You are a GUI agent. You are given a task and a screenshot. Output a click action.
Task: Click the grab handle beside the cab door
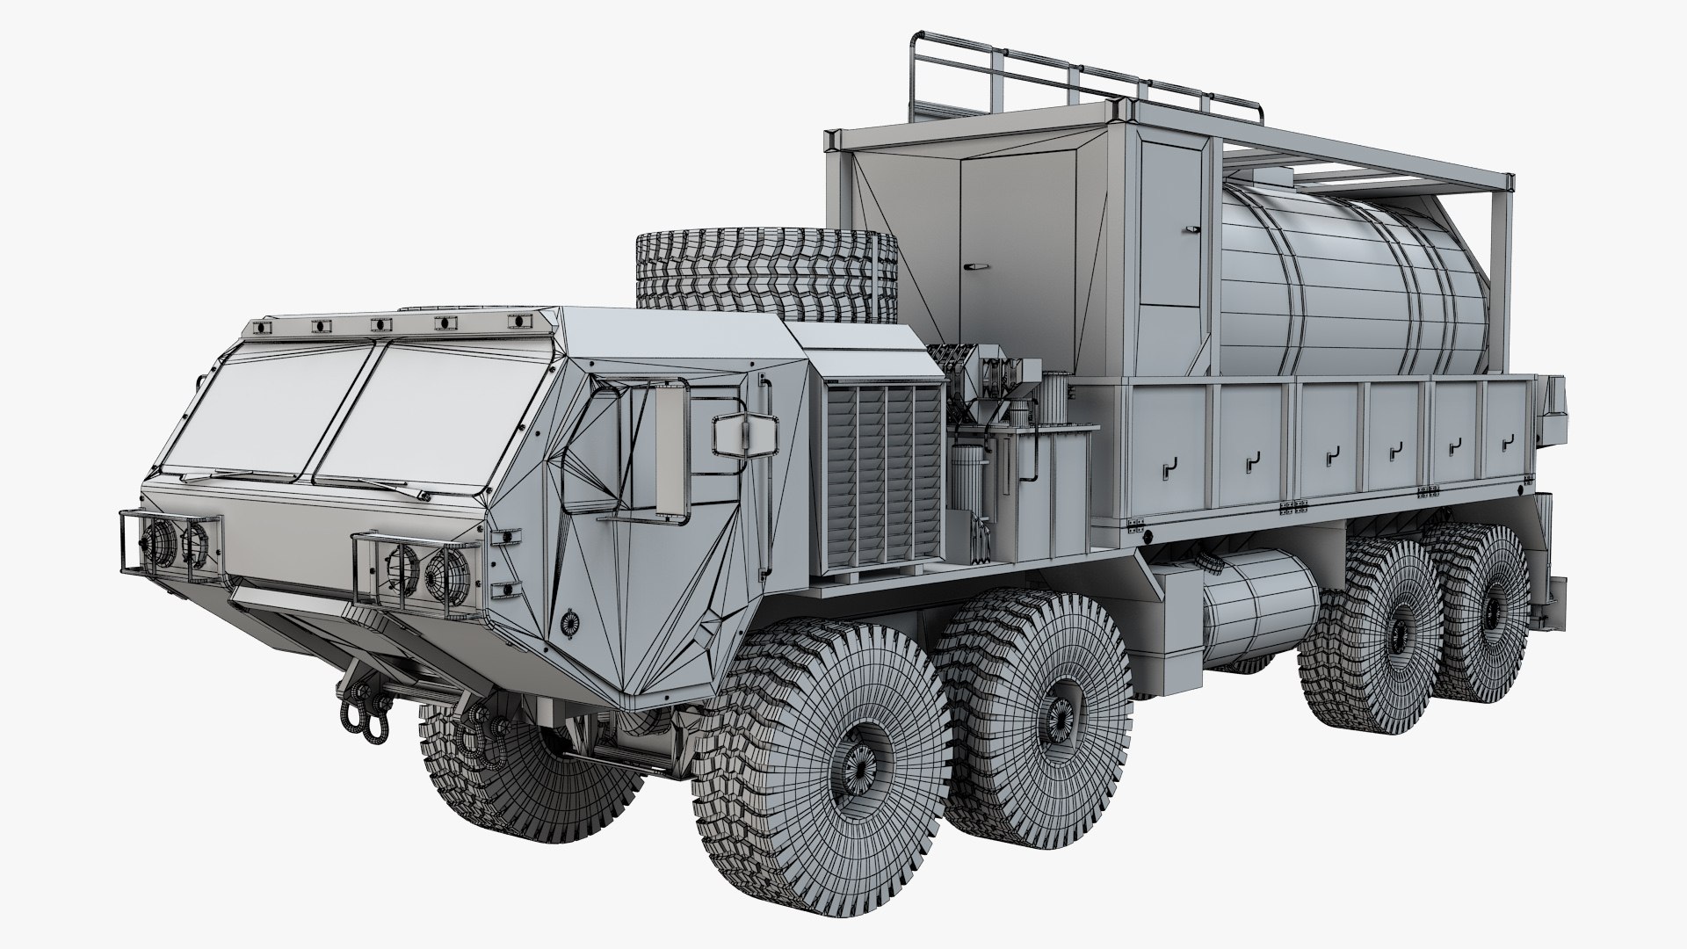(x=764, y=404)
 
